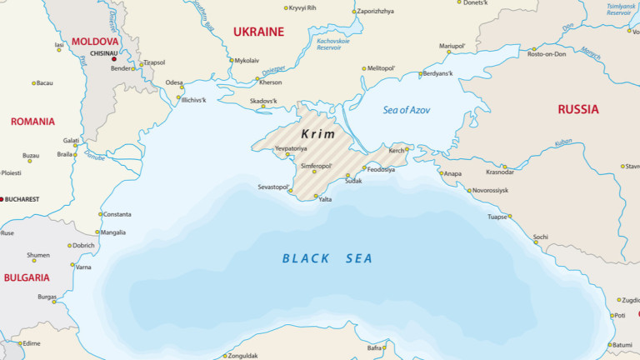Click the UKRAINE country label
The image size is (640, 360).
258,32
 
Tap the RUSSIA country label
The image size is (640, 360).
578,109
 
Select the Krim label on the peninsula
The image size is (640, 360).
318,133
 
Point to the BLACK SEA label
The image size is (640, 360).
327,258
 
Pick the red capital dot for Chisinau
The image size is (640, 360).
114,59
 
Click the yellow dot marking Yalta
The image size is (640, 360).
316,197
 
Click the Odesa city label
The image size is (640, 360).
174,83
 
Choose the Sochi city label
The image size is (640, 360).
541,237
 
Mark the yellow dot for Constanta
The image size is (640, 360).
101,214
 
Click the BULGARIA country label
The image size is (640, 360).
26,277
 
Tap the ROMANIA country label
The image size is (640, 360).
32,122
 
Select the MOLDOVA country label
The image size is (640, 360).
95,41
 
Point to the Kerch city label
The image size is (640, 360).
396,151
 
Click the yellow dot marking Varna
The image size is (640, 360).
72,267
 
